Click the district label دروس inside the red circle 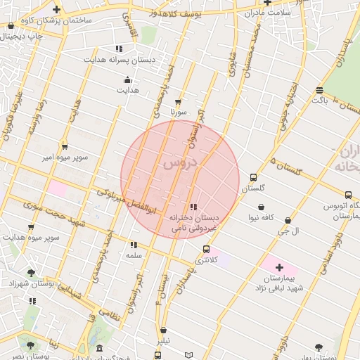click(x=181, y=163)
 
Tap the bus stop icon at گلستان click(x=253, y=178)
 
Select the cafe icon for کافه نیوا click(x=262, y=207)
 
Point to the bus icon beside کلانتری click(x=206, y=249)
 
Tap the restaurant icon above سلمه click(x=133, y=245)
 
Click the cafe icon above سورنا click(x=178, y=101)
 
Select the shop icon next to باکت click(x=320, y=90)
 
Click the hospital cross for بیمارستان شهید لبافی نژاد click(x=279, y=267)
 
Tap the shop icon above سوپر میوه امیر click(x=65, y=146)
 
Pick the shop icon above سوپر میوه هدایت click(x=31, y=226)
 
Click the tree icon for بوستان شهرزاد click(x=31, y=272)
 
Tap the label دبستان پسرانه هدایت click(x=119, y=60)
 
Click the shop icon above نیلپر click(x=164, y=330)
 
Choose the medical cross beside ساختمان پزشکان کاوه click(x=56, y=10)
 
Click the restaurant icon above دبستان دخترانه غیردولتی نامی click(x=193, y=206)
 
